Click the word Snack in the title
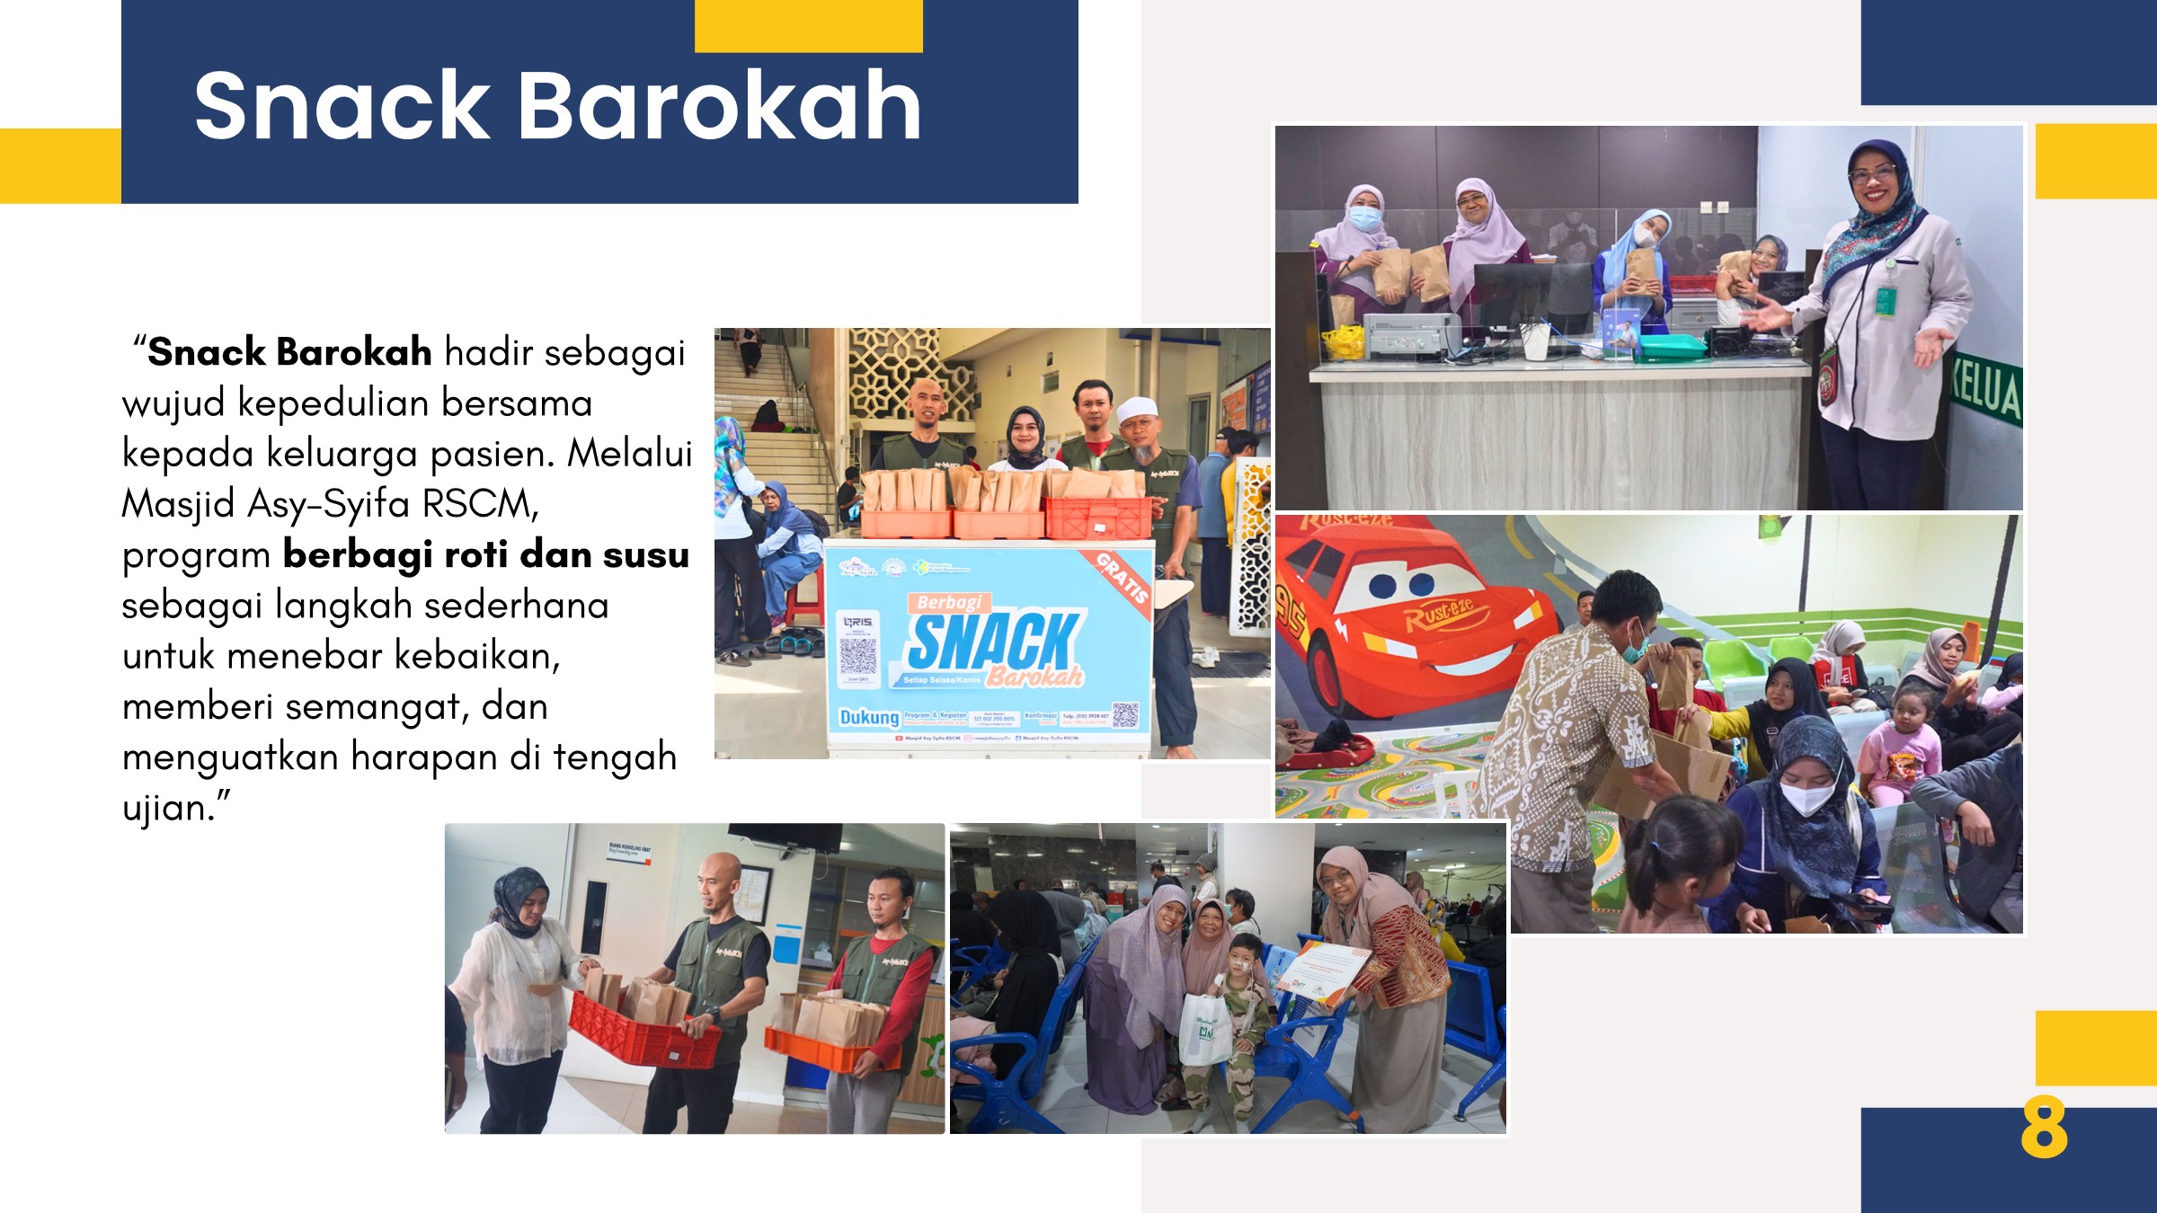pos(342,106)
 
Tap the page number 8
pos(2044,1129)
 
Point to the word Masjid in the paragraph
pos(178,504)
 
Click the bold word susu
pos(645,554)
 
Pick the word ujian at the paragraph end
pos(166,808)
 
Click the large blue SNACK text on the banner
pos(993,640)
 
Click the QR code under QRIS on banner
pos(857,656)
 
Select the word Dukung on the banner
pos(868,717)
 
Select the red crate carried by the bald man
pos(643,1033)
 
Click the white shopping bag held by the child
pos(1204,1029)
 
